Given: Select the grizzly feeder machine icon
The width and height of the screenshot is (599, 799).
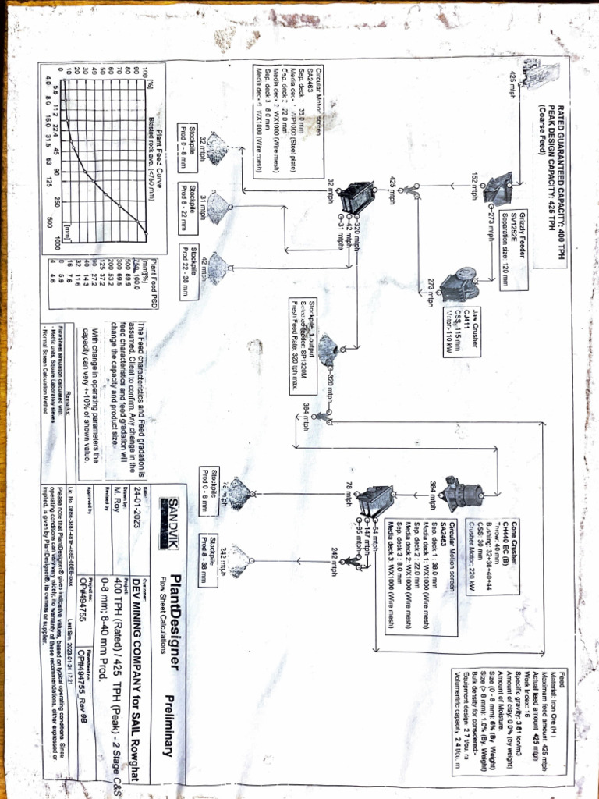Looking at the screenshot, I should [496, 188].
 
